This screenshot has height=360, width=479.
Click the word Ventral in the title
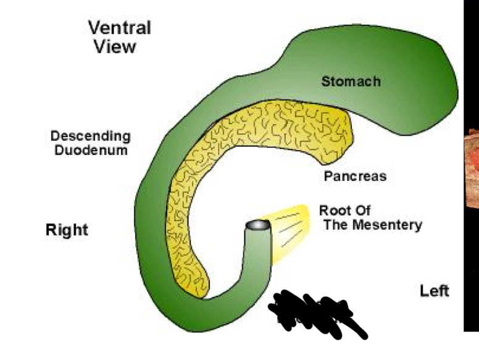[x=119, y=28]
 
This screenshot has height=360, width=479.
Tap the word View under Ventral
[x=114, y=46]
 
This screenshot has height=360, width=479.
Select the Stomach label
[x=351, y=81]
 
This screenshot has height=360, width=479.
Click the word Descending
[x=90, y=136]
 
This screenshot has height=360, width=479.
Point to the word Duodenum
[x=90, y=150]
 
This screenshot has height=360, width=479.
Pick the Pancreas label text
[x=355, y=176]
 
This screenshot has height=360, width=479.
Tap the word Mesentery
[x=387, y=225]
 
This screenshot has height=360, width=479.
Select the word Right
[x=67, y=230]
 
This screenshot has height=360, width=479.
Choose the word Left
[x=435, y=290]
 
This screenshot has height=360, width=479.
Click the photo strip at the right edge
[x=471, y=179]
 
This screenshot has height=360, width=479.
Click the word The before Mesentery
[x=336, y=225]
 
